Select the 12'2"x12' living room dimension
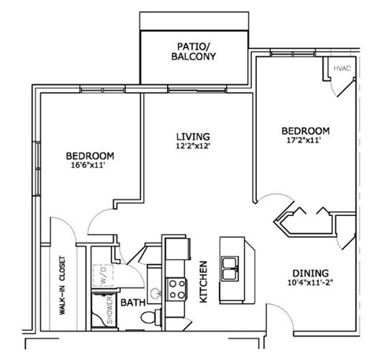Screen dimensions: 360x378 click(x=193, y=146)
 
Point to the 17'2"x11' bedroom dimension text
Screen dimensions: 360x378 click(x=304, y=142)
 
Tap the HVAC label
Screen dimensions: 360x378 click(x=342, y=69)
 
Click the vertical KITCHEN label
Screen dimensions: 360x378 click(x=202, y=282)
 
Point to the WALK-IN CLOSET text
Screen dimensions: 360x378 click(x=61, y=287)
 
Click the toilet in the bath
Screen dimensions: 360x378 click(x=146, y=316)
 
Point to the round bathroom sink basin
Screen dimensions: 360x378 click(x=156, y=293)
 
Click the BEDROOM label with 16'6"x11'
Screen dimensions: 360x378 click(x=91, y=155)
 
